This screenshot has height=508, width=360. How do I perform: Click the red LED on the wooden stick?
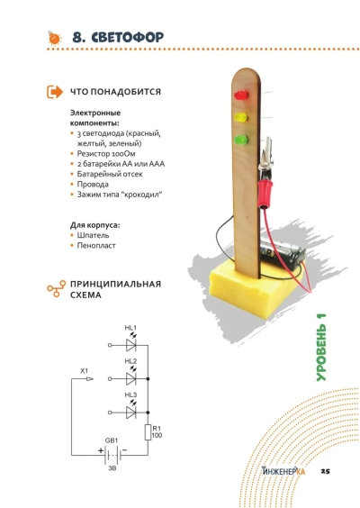tap(241, 95)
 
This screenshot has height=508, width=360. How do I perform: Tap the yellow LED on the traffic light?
tap(241, 117)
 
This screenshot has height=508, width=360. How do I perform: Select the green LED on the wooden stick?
tap(241, 140)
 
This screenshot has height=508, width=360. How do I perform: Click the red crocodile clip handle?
tap(265, 193)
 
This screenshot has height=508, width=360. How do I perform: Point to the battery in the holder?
tap(283, 253)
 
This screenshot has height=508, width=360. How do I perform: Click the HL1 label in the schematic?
tap(130, 328)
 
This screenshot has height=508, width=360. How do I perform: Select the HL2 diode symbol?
tap(130, 378)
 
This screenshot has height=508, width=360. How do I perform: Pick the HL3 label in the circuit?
tap(130, 395)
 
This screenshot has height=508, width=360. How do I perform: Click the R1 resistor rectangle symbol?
tap(148, 432)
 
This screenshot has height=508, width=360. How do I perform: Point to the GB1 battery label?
tap(112, 440)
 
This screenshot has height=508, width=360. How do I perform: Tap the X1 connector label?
tap(85, 370)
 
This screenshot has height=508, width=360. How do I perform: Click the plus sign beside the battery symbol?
tap(101, 450)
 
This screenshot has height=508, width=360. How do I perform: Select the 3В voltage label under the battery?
tap(112, 468)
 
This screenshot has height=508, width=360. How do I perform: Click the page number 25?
tap(325, 471)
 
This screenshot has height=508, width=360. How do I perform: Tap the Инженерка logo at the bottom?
tap(283, 470)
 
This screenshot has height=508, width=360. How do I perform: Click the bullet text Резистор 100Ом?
tap(106, 153)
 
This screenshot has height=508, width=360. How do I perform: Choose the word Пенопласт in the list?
tap(96, 246)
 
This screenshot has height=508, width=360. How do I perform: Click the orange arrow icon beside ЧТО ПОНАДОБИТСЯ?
tap(54, 92)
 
